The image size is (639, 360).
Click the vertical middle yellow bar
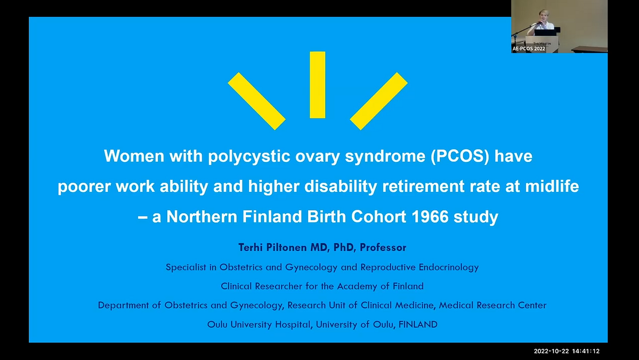point(317,85)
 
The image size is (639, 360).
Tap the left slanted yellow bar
point(256,101)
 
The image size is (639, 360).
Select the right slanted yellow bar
point(378,101)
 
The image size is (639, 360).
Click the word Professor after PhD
point(383,247)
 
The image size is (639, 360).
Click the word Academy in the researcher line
point(360,286)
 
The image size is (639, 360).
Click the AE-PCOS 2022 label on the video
point(529,49)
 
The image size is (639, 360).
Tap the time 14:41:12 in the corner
point(586,351)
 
